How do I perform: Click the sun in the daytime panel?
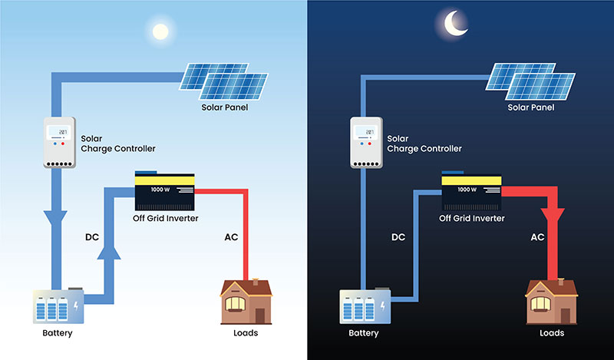coord(160,31)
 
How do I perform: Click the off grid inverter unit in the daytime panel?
coord(165,190)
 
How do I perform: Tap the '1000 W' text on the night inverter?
coord(467,189)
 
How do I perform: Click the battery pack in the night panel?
coord(360,306)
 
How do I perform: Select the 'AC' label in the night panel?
coord(537,237)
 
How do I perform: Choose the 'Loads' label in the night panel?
coord(551,333)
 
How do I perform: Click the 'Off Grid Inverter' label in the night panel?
coord(471,219)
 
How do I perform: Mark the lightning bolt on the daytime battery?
coord(74,307)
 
